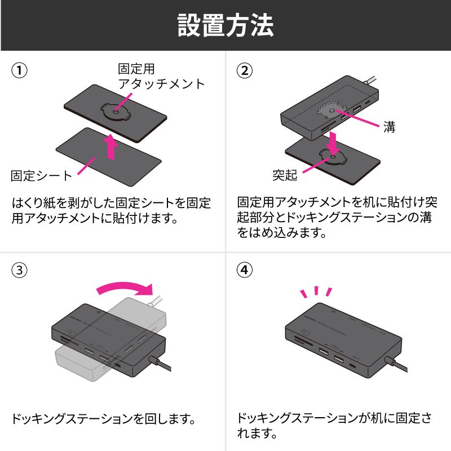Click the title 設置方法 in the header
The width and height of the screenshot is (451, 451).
tap(225, 25)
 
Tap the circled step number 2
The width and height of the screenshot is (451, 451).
tap(244, 71)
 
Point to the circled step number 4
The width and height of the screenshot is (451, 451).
tap(244, 269)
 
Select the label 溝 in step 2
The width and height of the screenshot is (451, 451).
tap(389, 128)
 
